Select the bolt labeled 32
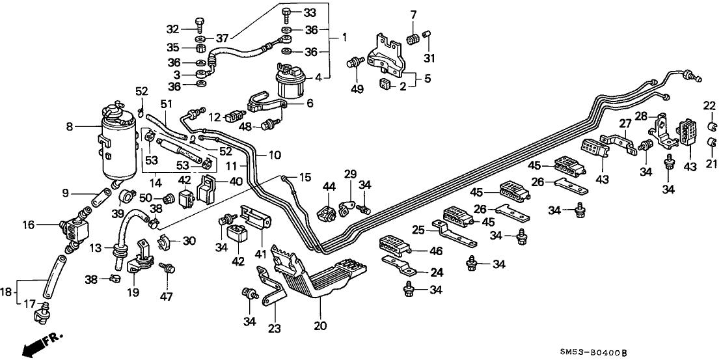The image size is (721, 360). click(x=200, y=28)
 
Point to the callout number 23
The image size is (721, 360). click(x=275, y=329)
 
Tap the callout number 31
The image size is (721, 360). click(x=428, y=60)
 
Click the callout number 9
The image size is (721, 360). click(x=66, y=193)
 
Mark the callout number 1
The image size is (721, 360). click(x=345, y=38)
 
